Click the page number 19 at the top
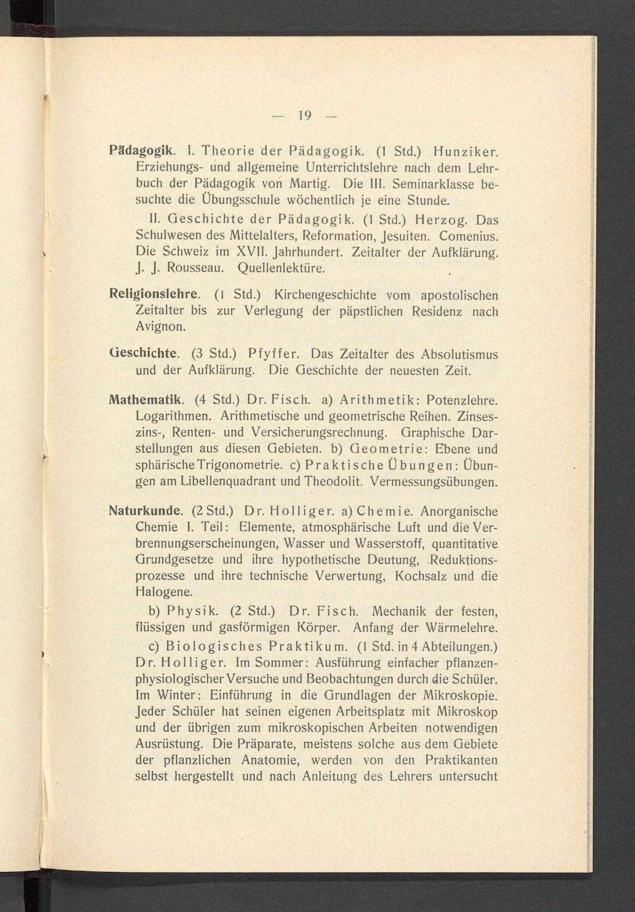[x=304, y=116]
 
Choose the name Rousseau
[x=196, y=268]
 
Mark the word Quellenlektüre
[x=281, y=268]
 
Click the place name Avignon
[x=161, y=327]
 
